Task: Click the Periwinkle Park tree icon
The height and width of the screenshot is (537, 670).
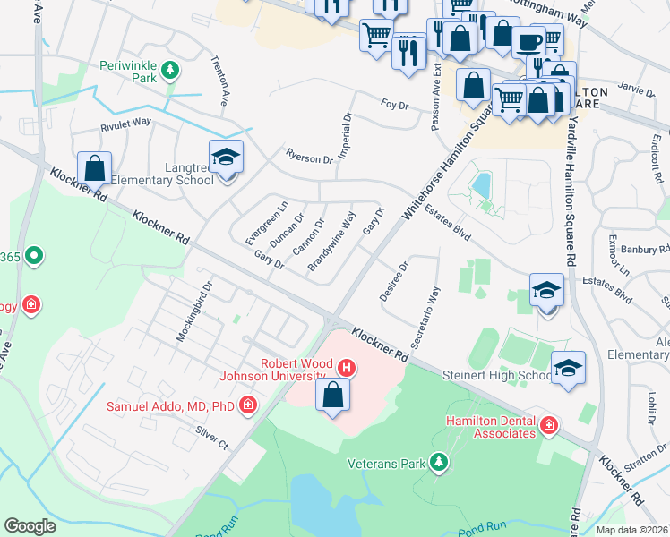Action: coord(170,70)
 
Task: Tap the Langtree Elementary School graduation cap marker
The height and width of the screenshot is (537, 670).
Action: coord(226,158)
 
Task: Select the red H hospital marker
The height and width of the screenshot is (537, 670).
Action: coord(346,367)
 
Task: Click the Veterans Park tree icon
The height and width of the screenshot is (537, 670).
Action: coord(438,463)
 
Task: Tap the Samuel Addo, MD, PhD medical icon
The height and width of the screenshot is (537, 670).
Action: coord(248,406)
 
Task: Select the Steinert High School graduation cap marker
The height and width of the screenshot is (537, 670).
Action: coord(568,368)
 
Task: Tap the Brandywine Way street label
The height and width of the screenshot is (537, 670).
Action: coord(331,242)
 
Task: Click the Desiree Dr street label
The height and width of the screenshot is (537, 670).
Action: coord(395,281)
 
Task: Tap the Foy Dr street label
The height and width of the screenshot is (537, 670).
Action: coord(394,106)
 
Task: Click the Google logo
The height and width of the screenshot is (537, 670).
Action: coord(30,525)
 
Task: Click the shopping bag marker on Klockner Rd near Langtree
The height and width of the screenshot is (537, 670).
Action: coord(94,167)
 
